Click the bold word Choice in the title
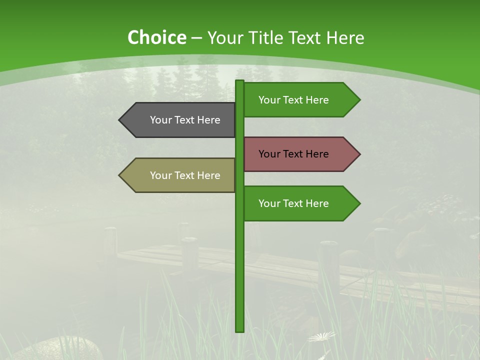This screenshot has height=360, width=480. click(156, 37)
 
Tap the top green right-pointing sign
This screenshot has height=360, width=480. click(300, 100)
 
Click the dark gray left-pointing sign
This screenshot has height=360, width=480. click(180, 120)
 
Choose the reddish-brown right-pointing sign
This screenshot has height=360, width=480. click(300, 154)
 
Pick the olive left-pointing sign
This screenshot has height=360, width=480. click(180, 175)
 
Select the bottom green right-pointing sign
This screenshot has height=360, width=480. click(300, 203)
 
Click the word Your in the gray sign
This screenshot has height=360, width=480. click(160, 120)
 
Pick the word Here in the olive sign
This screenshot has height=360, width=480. click(208, 175)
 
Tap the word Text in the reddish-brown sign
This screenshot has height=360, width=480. click(293, 154)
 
